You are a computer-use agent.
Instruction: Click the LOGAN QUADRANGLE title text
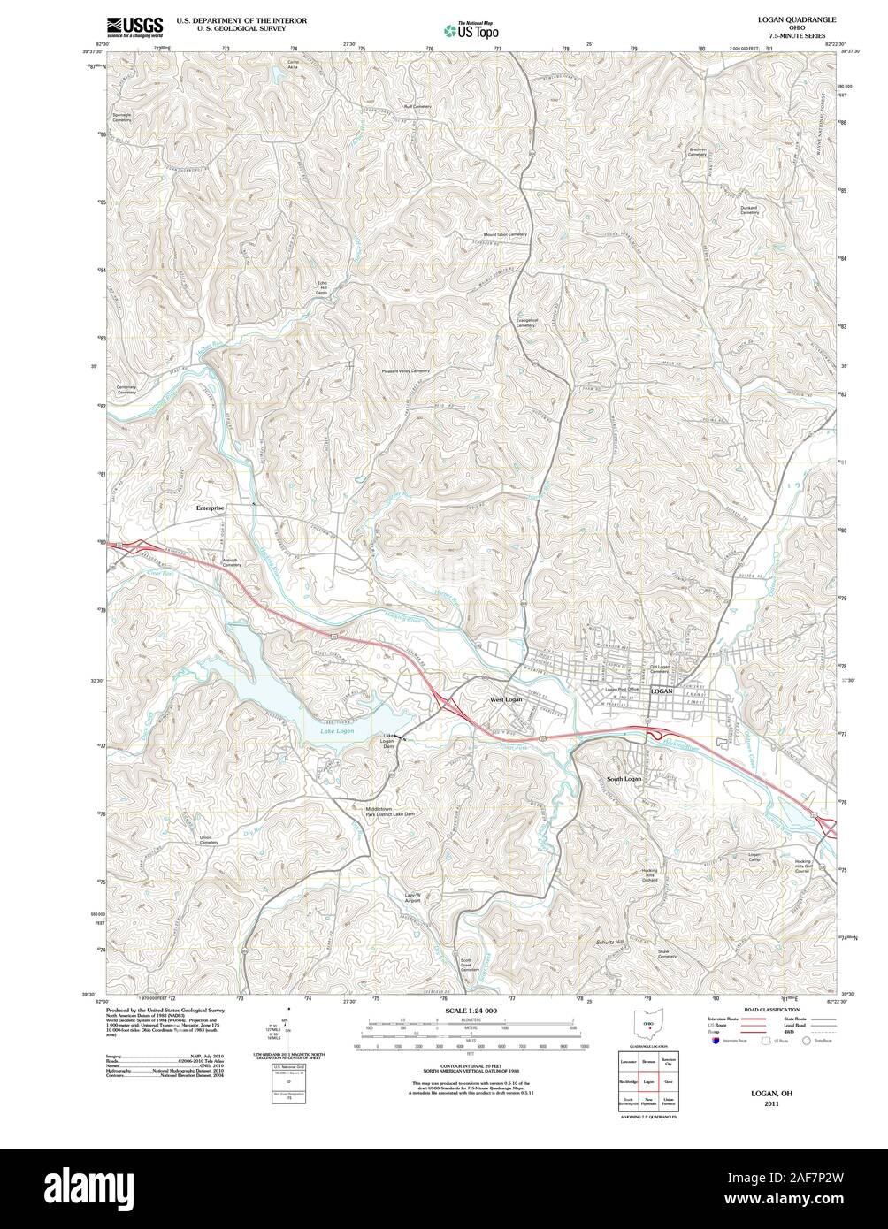click(796, 19)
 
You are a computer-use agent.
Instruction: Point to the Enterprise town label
click(211, 508)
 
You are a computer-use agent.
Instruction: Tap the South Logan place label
click(624, 779)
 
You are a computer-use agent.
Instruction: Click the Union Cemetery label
click(208, 840)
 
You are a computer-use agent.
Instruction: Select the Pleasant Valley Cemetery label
click(405, 371)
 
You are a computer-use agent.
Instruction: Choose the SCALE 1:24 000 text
click(471, 1011)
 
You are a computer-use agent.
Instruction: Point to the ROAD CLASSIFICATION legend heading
click(771, 1009)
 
